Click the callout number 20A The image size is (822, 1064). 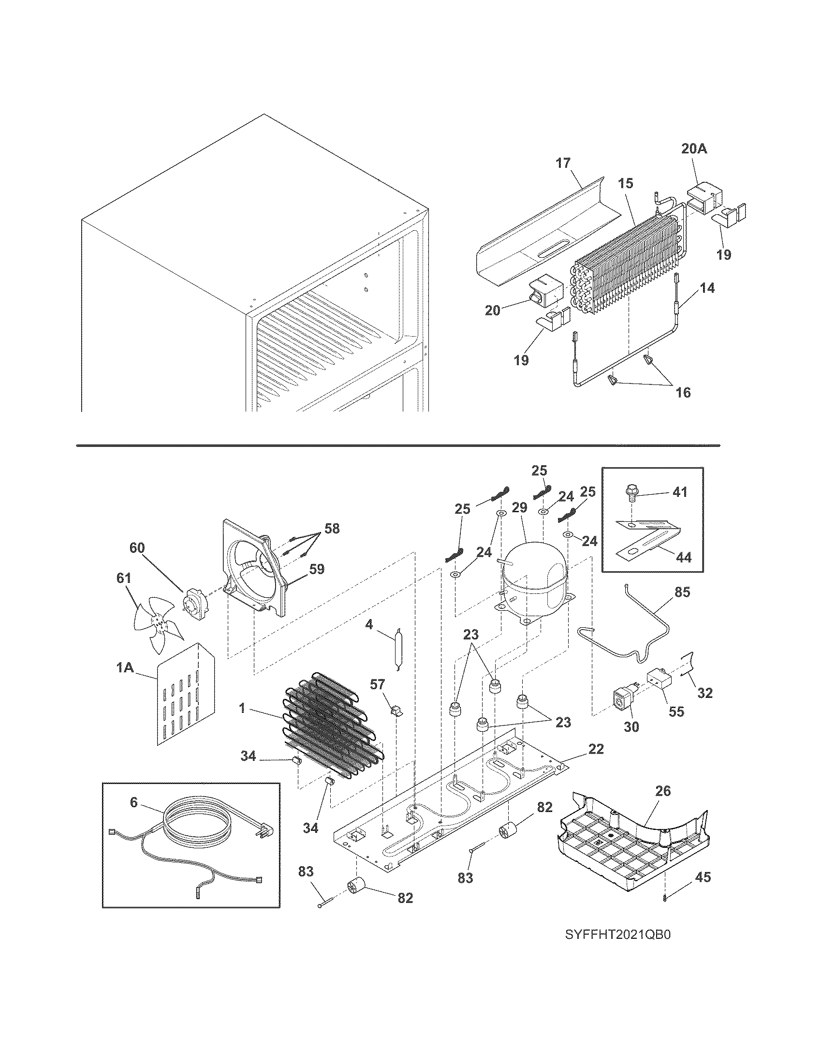693,149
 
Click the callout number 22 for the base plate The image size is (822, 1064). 596,749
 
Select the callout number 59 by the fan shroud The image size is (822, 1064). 317,569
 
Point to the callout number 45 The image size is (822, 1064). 703,877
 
